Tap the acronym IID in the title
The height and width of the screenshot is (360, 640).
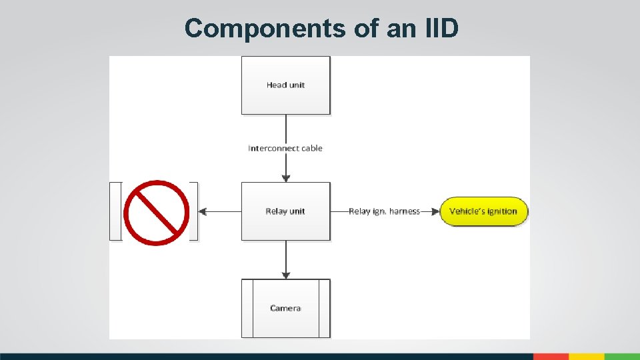pos(438,28)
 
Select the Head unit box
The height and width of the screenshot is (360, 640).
pos(285,85)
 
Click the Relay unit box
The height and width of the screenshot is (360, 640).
pos(285,211)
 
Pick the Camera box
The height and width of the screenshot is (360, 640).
pos(285,308)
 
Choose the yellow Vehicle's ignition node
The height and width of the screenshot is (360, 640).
pos(483,211)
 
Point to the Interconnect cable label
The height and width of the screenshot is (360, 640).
pos(285,148)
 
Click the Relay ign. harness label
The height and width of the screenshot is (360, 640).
pos(384,211)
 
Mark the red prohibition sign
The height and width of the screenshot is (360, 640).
pos(157,213)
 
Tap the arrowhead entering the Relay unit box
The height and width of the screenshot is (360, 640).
pos(286,178)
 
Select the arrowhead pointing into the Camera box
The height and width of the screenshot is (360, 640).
pos(286,275)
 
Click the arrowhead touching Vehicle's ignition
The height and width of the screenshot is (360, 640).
pos(436,211)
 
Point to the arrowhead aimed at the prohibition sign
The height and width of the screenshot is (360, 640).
pos(203,211)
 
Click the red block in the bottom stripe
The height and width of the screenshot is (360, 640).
pos(551,357)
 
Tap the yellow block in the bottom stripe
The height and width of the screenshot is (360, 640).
pos(586,357)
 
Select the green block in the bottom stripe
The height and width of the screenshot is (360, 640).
pos(622,357)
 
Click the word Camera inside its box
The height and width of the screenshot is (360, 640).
pos(285,308)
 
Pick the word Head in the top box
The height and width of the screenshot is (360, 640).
pos(276,85)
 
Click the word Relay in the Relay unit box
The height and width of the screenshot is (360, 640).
pos(276,211)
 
